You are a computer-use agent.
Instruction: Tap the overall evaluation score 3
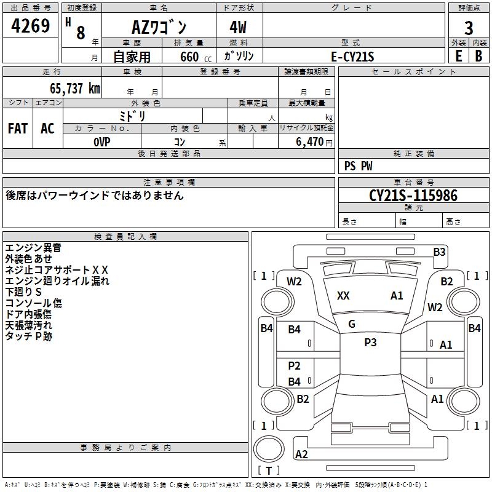pyautogui.click(x=469, y=29)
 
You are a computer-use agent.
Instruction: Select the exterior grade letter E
pyautogui.click(x=458, y=55)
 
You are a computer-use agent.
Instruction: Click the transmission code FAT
pyautogui.click(x=18, y=129)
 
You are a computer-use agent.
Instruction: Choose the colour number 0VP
pyautogui.click(x=102, y=141)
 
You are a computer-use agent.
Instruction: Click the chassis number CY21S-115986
pyautogui.click(x=413, y=196)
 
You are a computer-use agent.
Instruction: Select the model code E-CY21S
pyautogui.click(x=352, y=57)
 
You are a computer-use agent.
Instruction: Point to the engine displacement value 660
pyautogui.click(x=189, y=57)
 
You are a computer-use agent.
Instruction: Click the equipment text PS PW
pyautogui.click(x=358, y=166)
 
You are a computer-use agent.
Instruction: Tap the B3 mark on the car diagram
pyautogui.click(x=439, y=252)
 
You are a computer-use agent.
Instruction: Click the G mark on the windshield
pyautogui.click(x=352, y=324)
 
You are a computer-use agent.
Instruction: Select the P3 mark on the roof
pyautogui.click(x=370, y=343)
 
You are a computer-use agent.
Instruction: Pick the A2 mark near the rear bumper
pyautogui.click(x=301, y=454)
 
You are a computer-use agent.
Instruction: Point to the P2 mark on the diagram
pyautogui.click(x=295, y=367)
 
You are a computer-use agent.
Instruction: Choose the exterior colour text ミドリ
pyautogui.click(x=132, y=116)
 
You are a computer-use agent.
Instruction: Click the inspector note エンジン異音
pyautogui.click(x=33, y=248)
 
